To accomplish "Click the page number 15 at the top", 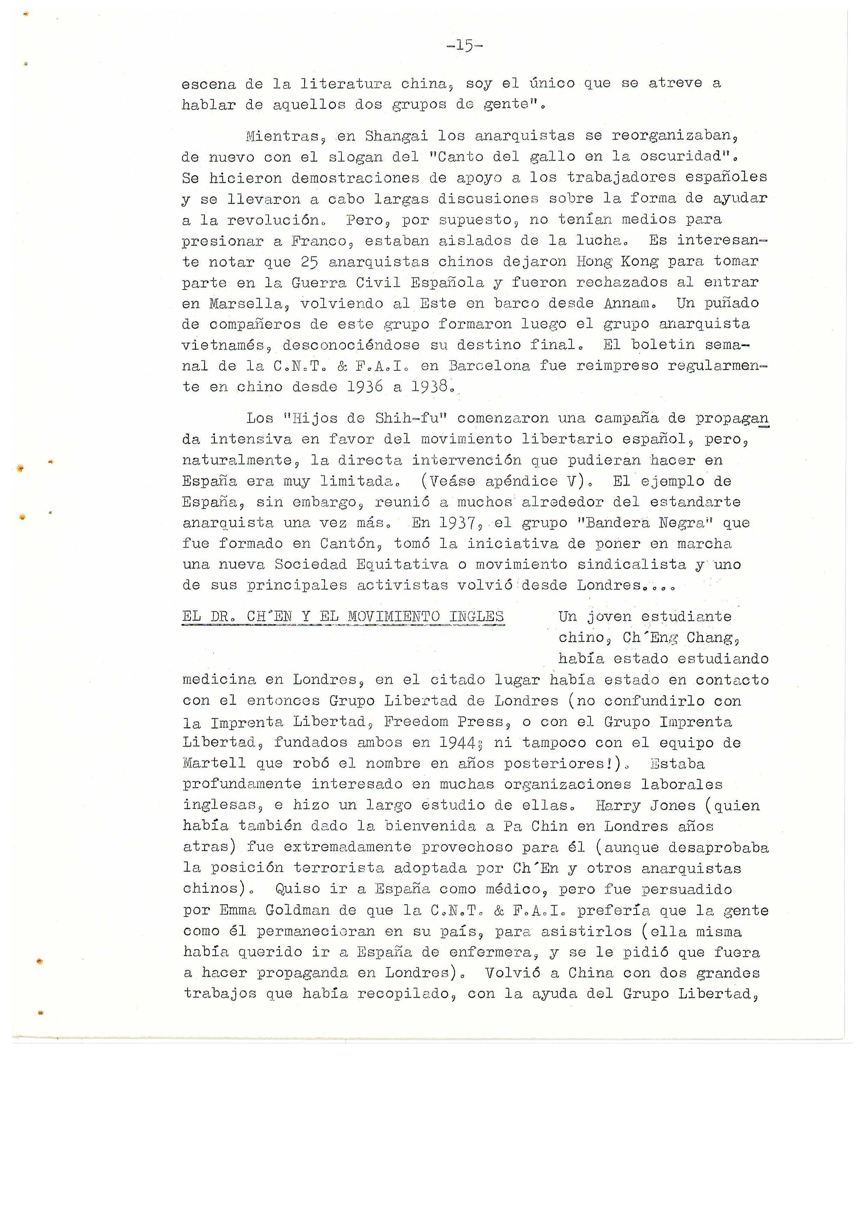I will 465,46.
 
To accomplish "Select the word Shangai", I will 396,136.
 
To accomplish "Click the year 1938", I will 429,387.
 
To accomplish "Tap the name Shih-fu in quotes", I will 405,418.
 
